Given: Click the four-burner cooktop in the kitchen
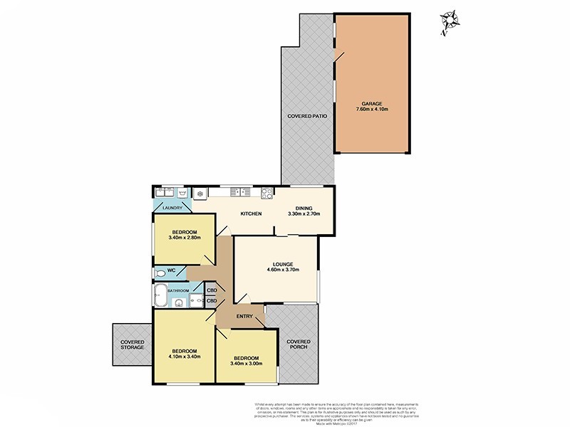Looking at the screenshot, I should coord(268,191).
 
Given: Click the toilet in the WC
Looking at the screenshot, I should coord(160,273).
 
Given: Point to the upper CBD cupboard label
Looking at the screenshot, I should coord(212,290).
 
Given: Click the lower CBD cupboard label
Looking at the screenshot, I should coord(212,301).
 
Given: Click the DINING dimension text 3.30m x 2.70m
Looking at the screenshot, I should coord(304,214).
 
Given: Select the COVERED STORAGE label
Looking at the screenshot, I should coord(132,346).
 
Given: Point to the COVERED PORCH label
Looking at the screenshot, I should coord(299,346).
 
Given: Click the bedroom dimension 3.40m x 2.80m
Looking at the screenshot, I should coord(183,238).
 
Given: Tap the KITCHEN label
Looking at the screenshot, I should coord(251,214).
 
